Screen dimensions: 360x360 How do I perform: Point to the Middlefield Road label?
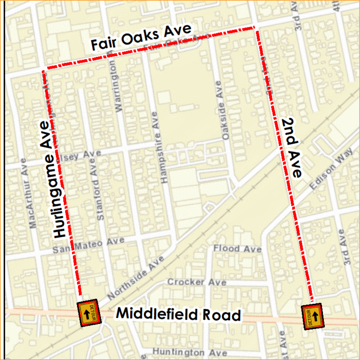tap(178, 314)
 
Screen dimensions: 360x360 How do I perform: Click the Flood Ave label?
tap(237, 249)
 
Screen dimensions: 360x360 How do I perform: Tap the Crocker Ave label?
tap(196, 282)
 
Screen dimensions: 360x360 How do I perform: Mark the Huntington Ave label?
tap(190, 352)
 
